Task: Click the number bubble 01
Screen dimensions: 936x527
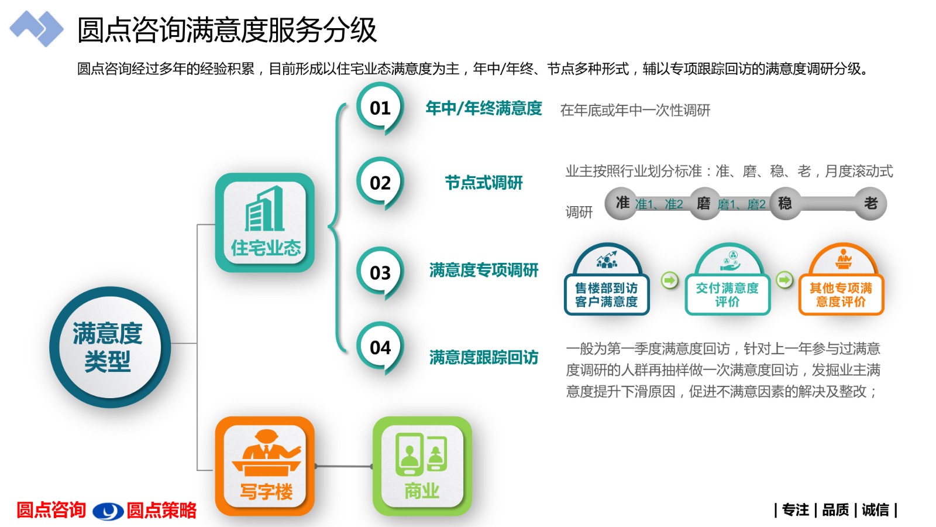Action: (x=380, y=108)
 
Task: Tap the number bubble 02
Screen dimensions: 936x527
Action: (x=380, y=182)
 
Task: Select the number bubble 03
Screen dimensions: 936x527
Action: (x=380, y=272)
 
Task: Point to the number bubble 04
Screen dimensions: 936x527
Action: (x=380, y=347)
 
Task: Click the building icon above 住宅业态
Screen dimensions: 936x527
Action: (x=264, y=208)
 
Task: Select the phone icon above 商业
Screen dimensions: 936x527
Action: (x=421, y=454)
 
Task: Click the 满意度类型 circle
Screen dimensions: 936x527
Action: (x=110, y=347)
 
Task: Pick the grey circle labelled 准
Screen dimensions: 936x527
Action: (x=621, y=203)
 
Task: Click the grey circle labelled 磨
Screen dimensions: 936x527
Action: (x=704, y=203)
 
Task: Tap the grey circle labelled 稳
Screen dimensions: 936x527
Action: (x=785, y=203)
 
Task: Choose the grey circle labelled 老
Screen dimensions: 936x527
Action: (x=870, y=203)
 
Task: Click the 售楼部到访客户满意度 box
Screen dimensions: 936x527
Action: (x=607, y=295)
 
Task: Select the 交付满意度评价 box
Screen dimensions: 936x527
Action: (x=728, y=295)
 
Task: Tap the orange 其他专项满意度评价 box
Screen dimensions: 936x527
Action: (x=841, y=295)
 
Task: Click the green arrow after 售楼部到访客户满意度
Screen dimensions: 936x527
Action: (x=669, y=280)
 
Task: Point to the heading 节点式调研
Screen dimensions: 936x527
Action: (x=483, y=183)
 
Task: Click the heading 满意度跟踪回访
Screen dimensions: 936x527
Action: (x=483, y=357)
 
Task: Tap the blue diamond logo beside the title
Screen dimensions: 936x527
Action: (x=36, y=29)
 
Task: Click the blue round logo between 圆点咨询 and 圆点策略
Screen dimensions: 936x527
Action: (x=108, y=511)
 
